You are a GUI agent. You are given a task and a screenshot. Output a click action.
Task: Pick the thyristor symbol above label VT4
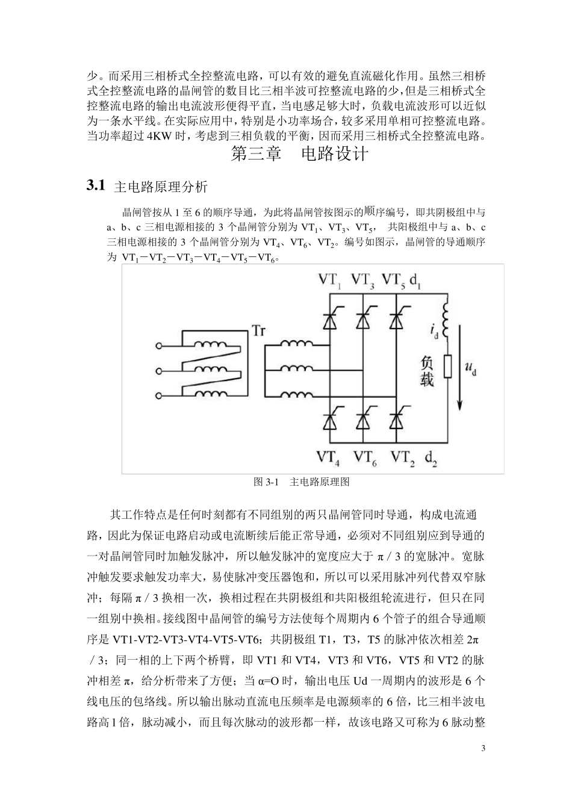click(329, 420)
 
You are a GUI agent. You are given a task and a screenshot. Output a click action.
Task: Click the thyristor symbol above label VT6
click(362, 420)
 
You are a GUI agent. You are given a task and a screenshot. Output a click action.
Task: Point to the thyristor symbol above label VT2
click(396, 420)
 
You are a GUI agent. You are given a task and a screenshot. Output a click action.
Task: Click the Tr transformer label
click(258, 332)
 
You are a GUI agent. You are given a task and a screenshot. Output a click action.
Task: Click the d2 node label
click(431, 459)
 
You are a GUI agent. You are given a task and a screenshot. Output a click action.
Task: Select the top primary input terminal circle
click(160, 346)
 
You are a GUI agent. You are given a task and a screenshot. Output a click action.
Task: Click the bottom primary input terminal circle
click(160, 395)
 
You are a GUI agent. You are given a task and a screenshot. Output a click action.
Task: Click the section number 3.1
click(96, 185)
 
